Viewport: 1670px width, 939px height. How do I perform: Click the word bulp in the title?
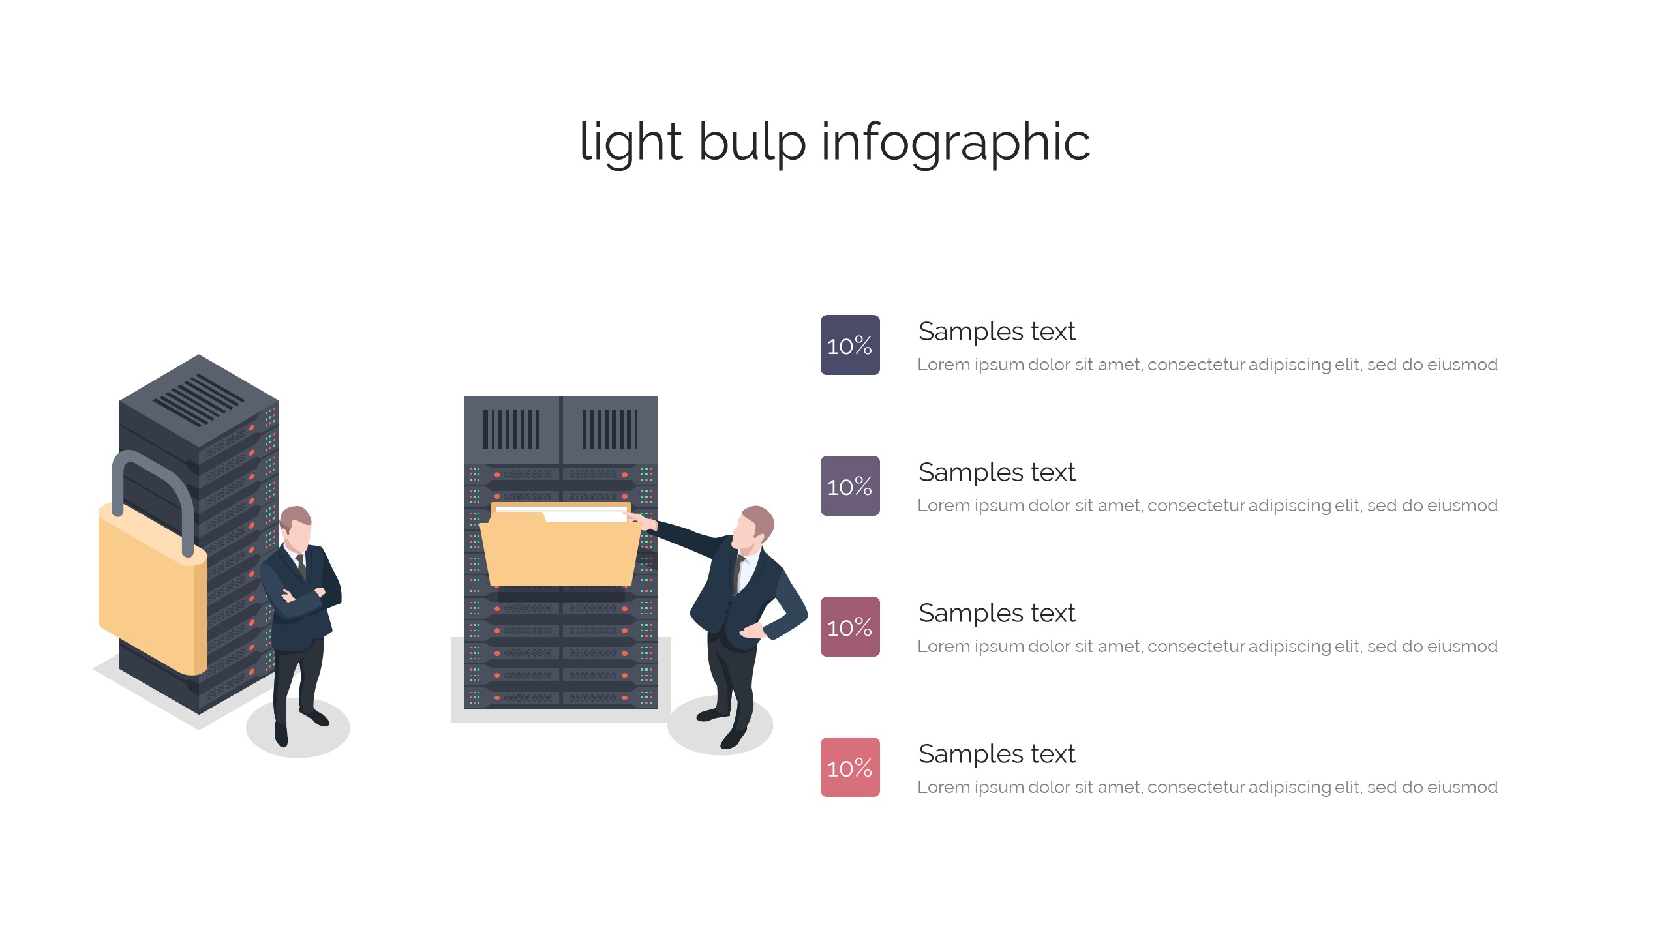pos(751,142)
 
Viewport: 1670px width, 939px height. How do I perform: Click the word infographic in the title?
pos(955,142)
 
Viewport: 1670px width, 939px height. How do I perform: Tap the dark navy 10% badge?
pos(850,345)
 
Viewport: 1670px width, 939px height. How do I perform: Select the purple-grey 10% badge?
pos(850,486)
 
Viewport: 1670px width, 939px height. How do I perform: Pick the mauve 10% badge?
pos(850,627)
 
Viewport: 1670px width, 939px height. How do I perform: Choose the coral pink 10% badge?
pos(850,768)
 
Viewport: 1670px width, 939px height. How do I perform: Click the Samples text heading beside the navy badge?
pos(996,331)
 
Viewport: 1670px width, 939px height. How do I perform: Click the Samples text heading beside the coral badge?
pos(996,754)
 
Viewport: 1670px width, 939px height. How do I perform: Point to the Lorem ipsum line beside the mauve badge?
pos(1207,646)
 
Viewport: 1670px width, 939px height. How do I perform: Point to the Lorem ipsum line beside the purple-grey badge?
pos(1207,505)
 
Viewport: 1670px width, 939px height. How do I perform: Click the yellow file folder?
pos(560,551)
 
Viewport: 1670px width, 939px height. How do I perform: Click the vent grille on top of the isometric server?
pos(200,399)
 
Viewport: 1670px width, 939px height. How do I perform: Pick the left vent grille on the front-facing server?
pos(511,430)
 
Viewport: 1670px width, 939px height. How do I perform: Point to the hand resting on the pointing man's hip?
pos(751,631)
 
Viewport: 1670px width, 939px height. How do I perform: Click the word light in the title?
pos(630,142)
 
